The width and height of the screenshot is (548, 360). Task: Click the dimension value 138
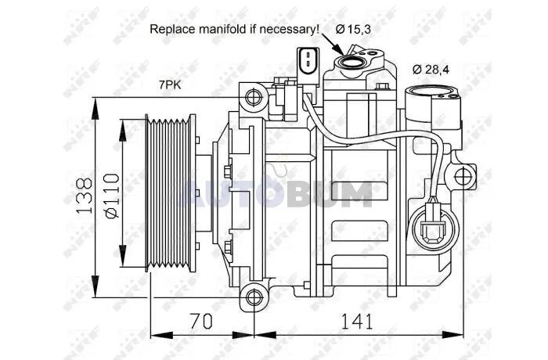tap(84, 196)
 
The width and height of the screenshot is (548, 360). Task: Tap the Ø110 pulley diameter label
tap(112, 196)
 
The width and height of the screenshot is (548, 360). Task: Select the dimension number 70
tap(201, 321)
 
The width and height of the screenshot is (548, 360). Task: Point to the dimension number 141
tap(357, 321)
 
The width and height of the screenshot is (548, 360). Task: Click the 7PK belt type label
tap(170, 85)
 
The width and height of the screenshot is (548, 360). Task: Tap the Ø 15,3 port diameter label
tap(353, 30)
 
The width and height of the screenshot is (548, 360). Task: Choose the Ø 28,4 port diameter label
tap(431, 70)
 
